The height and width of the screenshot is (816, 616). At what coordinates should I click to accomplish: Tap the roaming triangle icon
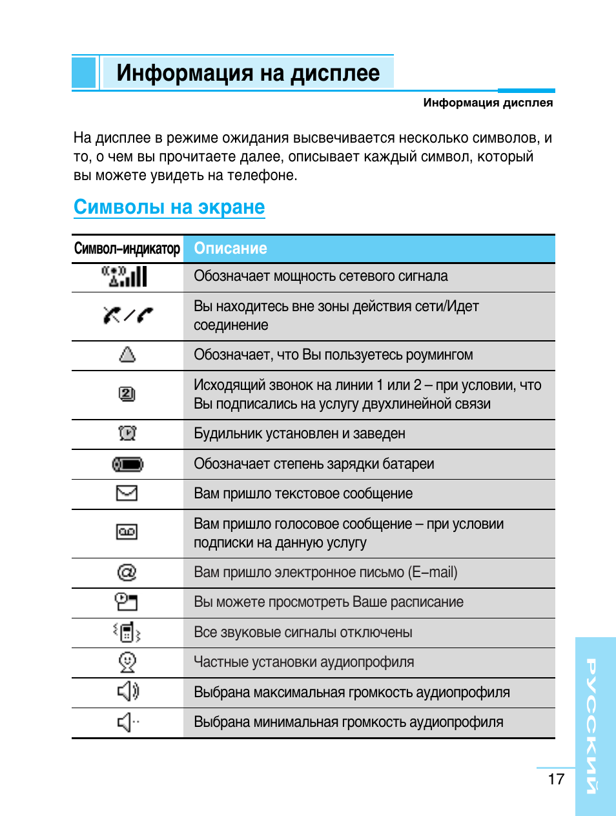coord(127,354)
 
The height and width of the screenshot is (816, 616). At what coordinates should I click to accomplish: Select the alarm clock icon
coord(127,433)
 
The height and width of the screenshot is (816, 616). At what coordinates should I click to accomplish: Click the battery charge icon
coord(127,464)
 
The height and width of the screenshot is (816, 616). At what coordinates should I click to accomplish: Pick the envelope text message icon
coord(127,494)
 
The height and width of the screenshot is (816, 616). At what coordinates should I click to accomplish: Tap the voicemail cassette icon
coord(127,532)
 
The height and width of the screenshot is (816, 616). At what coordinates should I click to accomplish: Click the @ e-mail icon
coord(127,573)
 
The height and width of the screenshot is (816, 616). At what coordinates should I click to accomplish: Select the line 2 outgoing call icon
coord(127,394)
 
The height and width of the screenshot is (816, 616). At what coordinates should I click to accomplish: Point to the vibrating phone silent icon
coord(127,632)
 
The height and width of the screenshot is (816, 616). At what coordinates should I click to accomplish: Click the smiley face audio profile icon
coord(127,662)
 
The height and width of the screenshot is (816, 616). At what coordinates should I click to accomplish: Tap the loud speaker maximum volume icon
coord(127,691)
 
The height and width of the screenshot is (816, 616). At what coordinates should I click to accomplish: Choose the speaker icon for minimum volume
coord(127,722)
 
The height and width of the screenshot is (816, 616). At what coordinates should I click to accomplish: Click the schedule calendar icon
coord(127,602)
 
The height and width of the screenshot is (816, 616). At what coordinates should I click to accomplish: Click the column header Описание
coord(231,249)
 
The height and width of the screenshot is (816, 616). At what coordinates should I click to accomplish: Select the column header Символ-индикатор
coord(127,249)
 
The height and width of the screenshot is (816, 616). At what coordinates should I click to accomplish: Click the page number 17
coord(556,779)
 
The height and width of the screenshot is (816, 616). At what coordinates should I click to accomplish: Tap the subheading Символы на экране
coord(169,207)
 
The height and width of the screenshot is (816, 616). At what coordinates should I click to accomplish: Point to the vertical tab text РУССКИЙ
coord(591,726)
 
